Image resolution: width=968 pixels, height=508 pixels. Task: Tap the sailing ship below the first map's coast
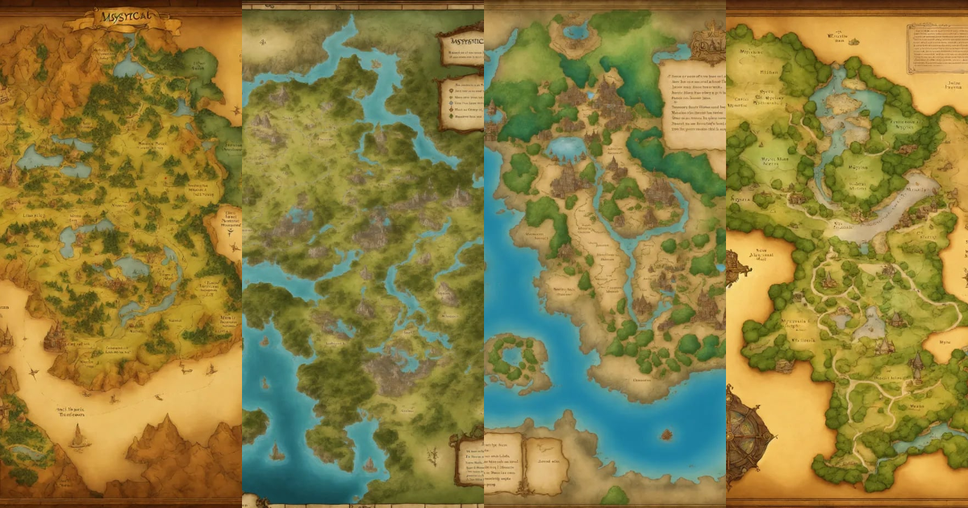78,436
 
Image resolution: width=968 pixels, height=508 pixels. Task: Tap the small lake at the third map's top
576,32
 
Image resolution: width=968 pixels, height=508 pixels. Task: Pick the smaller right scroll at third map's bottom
549,460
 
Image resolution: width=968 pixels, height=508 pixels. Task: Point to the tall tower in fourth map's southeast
916,368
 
